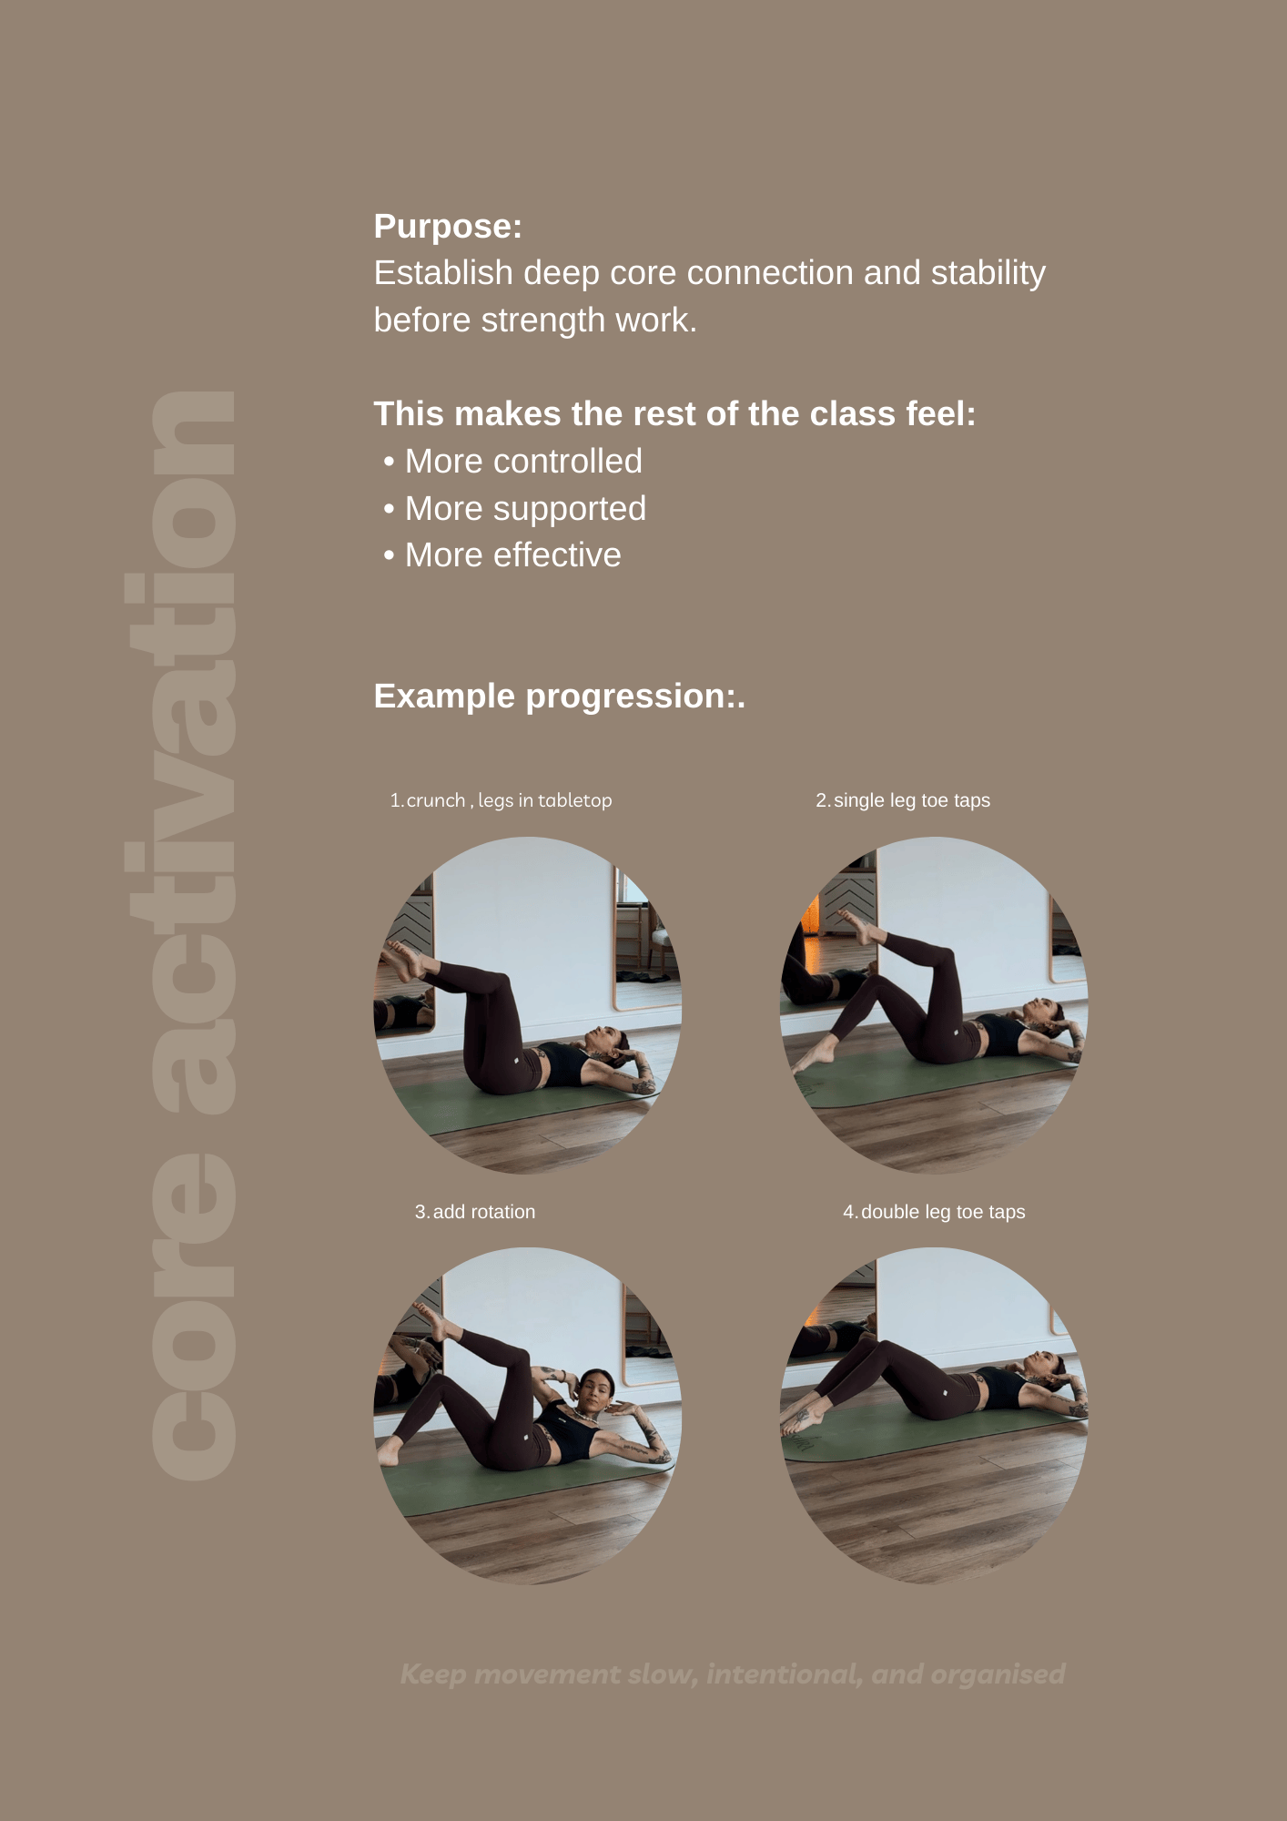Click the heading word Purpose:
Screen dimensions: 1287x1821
pos(448,227)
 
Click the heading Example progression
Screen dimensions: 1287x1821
pos(559,697)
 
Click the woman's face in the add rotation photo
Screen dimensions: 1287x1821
pos(594,1389)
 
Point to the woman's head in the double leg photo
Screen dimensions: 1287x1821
pos(1044,1365)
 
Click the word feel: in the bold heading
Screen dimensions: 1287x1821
pos(941,414)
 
